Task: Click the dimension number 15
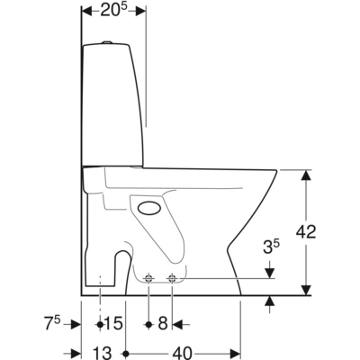112,321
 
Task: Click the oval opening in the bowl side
152,210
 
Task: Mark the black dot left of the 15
99,321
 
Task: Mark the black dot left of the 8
148,321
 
